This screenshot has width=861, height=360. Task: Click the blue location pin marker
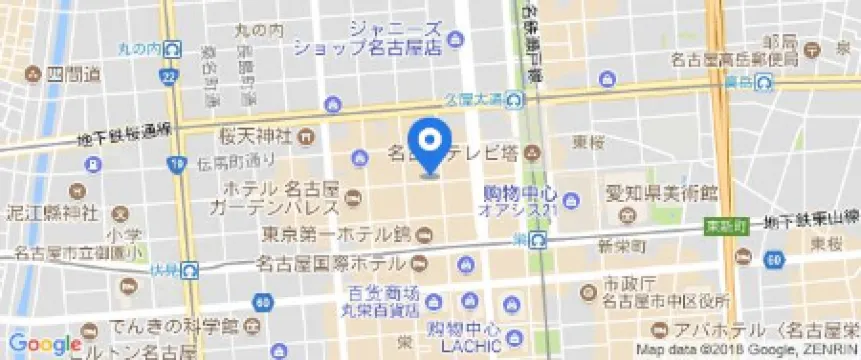tap(431, 146)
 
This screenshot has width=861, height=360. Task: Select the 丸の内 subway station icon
tap(174, 48)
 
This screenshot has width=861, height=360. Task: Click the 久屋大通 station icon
tap(514, 98)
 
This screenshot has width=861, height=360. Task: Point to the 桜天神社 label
tap(255, 135)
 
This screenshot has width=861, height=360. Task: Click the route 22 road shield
tap(174, 77)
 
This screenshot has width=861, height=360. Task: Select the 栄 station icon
tap(539, 239)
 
